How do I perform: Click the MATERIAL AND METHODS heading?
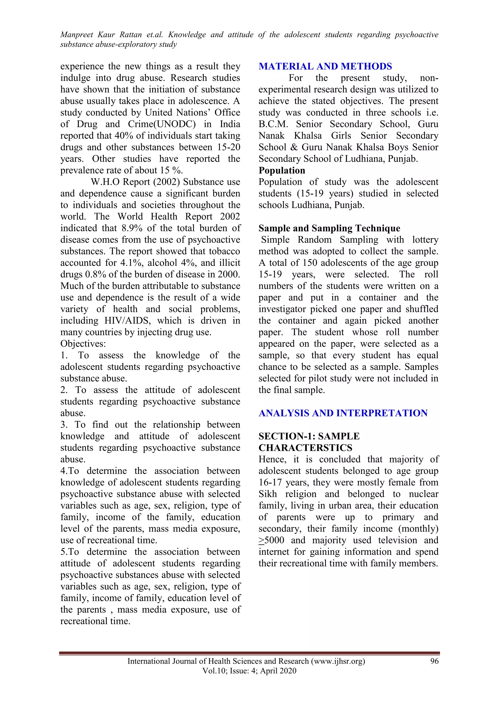click(325, 66)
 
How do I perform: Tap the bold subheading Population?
click(282, 170)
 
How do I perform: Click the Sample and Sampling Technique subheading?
click(329, 228)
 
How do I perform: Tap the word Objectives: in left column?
click(83, 343)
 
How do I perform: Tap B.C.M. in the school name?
click(273, 124)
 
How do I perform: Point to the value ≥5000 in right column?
click(271, 540)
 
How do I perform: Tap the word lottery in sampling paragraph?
click(425, 240)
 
